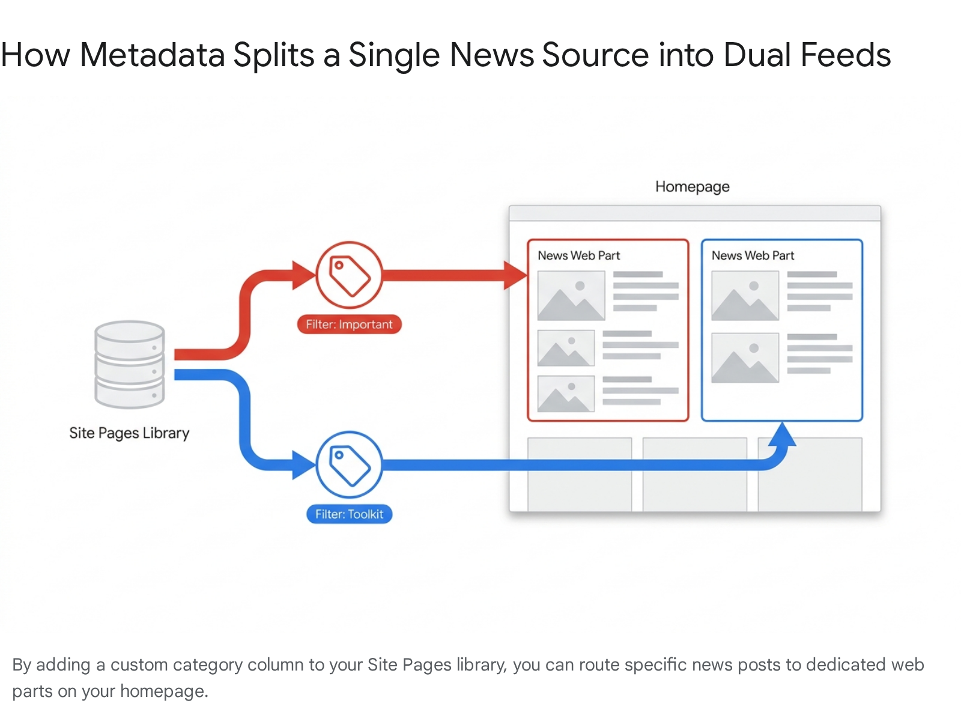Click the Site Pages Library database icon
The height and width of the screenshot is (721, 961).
[129, 364]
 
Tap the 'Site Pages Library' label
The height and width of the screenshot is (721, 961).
[129, 433]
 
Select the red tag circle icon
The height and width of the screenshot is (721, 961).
[349, 275]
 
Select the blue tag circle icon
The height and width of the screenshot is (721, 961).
[349, 464]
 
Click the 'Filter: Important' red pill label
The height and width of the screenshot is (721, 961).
[349, 324]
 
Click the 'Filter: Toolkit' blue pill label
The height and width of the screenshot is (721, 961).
[349, 514]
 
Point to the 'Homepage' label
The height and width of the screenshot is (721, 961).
[692, 187]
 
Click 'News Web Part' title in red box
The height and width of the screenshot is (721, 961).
[578, 255]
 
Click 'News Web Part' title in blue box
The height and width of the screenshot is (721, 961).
[753, 255]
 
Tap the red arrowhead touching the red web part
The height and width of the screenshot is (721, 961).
[515, 276]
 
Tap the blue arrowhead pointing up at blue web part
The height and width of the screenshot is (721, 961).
[782, 434]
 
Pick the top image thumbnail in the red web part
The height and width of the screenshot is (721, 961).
[571, 296]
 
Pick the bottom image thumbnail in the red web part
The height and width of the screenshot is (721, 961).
[565, 394]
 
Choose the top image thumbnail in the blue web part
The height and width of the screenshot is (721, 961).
[745, 296]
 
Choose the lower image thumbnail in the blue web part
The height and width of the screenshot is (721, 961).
[745, 358]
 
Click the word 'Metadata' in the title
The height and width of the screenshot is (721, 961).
[153, 55]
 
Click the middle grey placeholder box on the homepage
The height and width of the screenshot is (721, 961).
[694, 475]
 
